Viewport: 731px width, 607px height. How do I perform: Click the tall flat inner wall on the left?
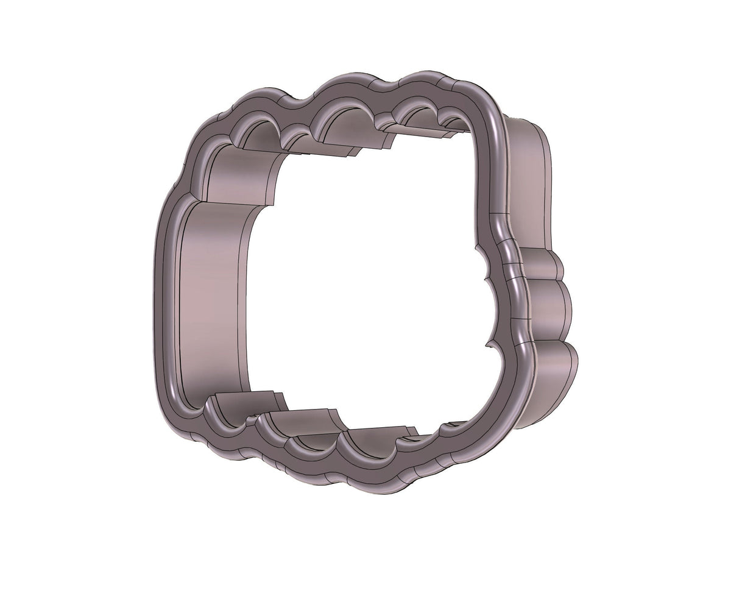click(213, 299)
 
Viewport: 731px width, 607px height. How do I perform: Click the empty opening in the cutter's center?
click(365, 274)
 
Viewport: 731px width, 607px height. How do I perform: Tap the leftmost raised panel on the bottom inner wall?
click(244, 402)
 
